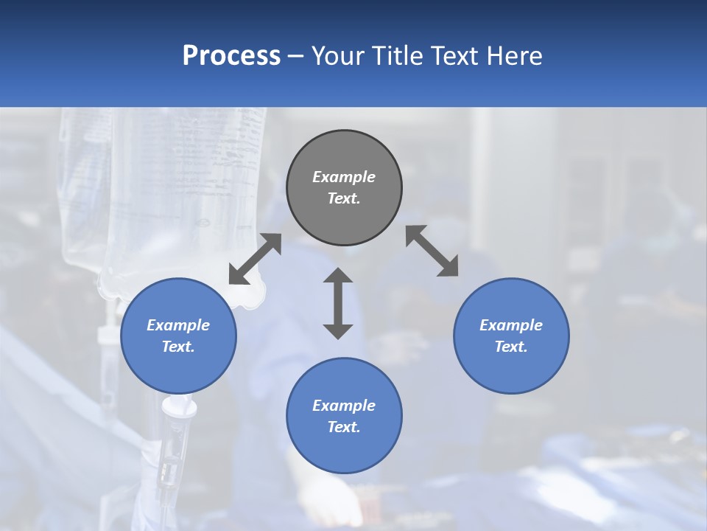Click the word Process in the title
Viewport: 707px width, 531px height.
click(x=231, y=56)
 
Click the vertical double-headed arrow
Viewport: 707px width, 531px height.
click(x=338, y=304)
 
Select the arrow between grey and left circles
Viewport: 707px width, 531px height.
click(x=255, y=259)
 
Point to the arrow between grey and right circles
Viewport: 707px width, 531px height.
click(x=432, y=251)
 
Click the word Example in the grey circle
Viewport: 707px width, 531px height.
click(x=344, y=177)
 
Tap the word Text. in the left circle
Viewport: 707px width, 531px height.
click(x=178, y=347)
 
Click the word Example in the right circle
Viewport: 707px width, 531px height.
click(x=511, y=325)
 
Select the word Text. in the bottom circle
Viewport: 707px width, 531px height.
click(x=344, y=427)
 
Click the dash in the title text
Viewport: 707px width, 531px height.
click(x=295, y=56)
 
